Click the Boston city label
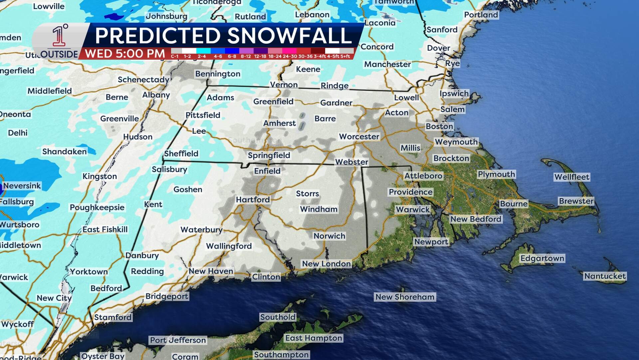point(439,126)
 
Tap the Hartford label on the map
point(253,200)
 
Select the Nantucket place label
point(605,276)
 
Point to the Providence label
point(410,192)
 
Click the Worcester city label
point(359,137)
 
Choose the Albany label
point(156,95)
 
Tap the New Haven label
point(211,271)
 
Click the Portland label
point(481,15)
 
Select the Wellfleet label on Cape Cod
point(571,177)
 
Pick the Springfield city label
point(269,155)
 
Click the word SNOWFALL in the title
point(290,36)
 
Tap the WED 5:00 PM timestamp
point(125,54)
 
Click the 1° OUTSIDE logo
point(60,42)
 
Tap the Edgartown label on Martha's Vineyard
point(542,258)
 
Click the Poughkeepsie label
point(97,208)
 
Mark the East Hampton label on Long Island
point(314,338)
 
